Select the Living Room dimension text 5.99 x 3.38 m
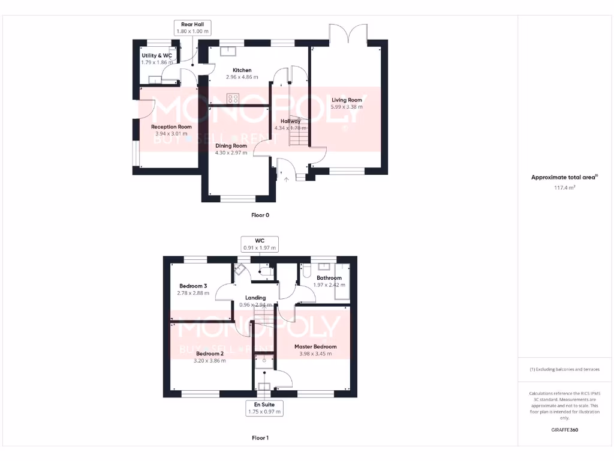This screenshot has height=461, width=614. [x=347, y=107]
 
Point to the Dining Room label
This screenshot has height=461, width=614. [x=231, y=146]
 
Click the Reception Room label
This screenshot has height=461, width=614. [x=171, y=127]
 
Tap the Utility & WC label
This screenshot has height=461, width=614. [x=157, y=55]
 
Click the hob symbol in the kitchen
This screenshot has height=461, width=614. [x=233, y=99]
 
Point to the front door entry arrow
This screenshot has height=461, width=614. [x=286, y=178]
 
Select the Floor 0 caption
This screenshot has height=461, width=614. [x=260, y=214]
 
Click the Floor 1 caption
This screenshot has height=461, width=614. [x=260, y=438]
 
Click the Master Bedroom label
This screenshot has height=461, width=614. [x=315, y=346]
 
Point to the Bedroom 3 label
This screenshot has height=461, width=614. [x=193, y=286]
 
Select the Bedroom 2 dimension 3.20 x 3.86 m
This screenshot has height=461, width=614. [x=210, y=361]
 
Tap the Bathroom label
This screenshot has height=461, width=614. [x=329, y=278]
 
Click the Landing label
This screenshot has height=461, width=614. [x=255, y=298]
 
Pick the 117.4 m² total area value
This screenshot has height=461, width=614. [x=564, y=188]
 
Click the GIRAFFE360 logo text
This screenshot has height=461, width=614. [x=564, y=430]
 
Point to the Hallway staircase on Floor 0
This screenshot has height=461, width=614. [x=299, y=131]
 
